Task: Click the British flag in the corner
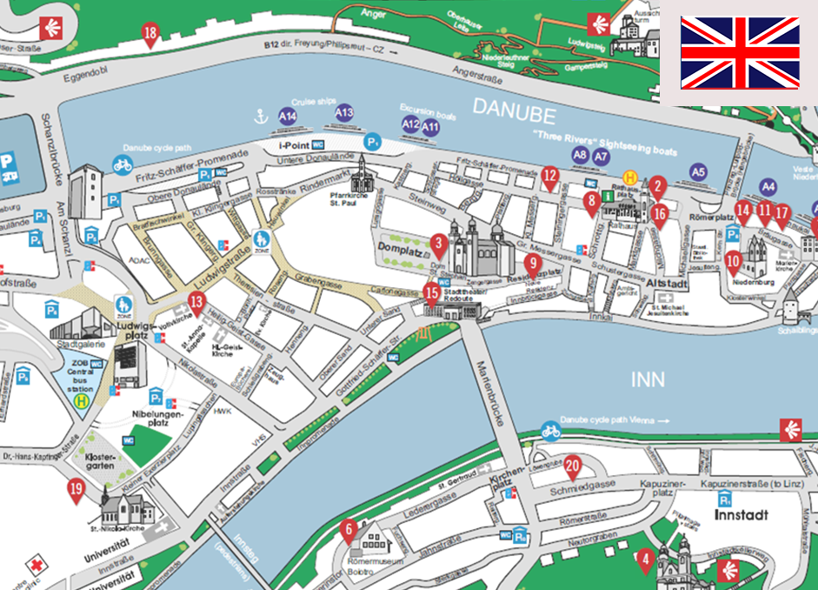[739, 52]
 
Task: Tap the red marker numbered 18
[150, 36]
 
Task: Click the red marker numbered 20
[572, 466]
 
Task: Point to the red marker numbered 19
[76, 491]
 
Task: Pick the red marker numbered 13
[349, 528]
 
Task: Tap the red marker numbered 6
[349, 528]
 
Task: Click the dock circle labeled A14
[288, 116]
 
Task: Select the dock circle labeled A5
[698, 172]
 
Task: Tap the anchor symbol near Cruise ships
[257, 114]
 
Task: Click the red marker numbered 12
[549, 177]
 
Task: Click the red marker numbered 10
[733, 259]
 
